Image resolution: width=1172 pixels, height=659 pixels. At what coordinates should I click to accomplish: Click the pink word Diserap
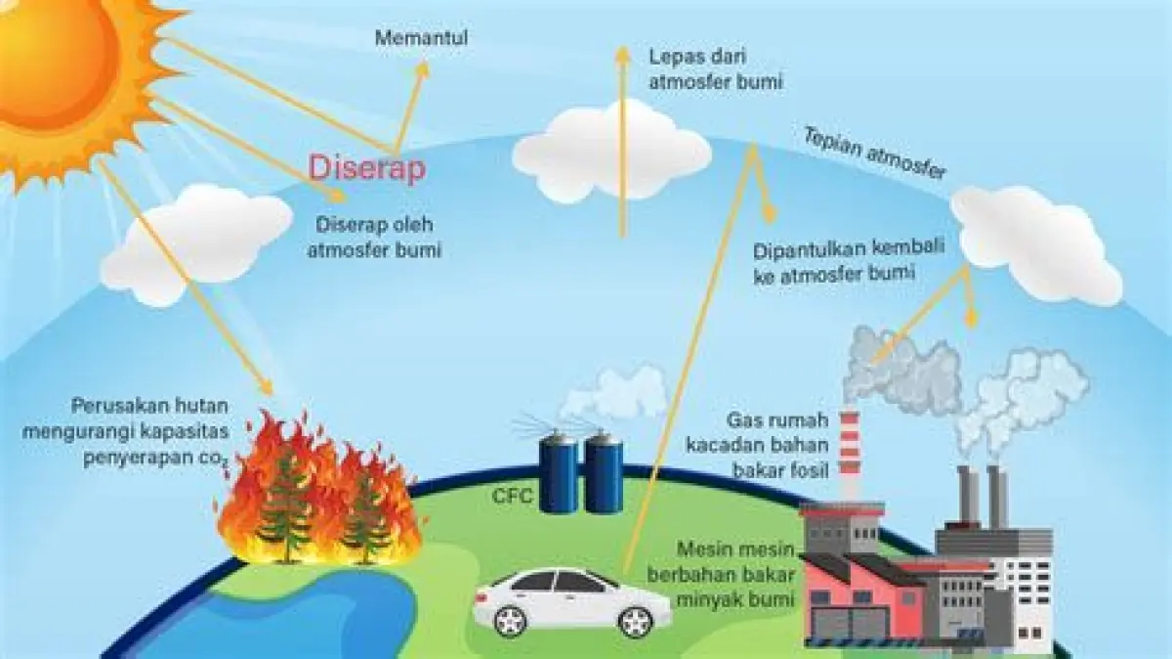(x=367, y=168)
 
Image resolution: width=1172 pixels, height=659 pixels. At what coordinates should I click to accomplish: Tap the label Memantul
(x=422, y=39)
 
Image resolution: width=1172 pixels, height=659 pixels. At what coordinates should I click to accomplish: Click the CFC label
(x=513, y=497)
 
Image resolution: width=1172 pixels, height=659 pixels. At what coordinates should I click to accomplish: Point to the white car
(x=571, y=598)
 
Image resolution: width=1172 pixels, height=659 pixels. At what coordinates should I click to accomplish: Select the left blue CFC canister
(x=559, y=474)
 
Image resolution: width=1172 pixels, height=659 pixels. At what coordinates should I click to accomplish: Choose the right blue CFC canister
(x=604, y=474)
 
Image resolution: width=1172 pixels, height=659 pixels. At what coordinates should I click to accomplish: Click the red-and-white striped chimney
(x=849, y=455)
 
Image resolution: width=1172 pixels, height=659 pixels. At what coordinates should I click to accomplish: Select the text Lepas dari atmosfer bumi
(x=716, y=69)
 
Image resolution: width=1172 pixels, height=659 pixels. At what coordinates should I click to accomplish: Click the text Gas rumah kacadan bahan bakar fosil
(x=777, y=446)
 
